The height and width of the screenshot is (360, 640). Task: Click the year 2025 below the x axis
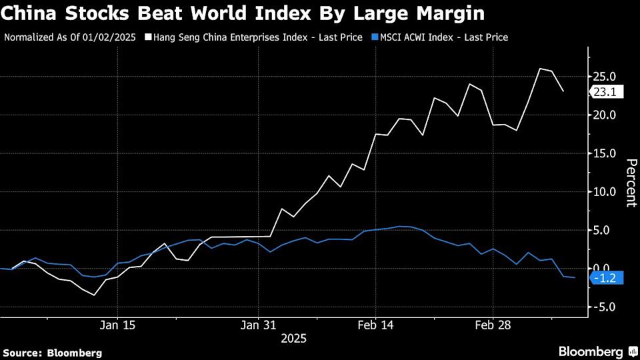point(294,339)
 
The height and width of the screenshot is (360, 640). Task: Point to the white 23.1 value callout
point(607,93)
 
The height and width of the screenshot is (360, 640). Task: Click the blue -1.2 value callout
point(607,278)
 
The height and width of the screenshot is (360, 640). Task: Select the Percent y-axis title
point(631,182)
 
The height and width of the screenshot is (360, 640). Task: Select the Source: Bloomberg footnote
point(53,353)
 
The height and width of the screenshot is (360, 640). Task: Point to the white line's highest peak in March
point(540,69)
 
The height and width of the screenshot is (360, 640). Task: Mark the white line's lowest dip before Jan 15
point(94,295)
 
